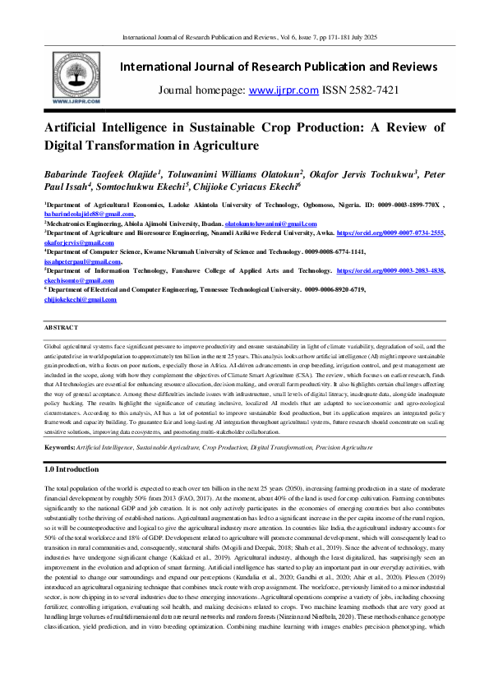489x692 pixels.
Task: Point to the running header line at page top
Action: (x=243, y=38)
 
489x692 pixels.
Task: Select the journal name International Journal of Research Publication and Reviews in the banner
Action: (x=279, y=66)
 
